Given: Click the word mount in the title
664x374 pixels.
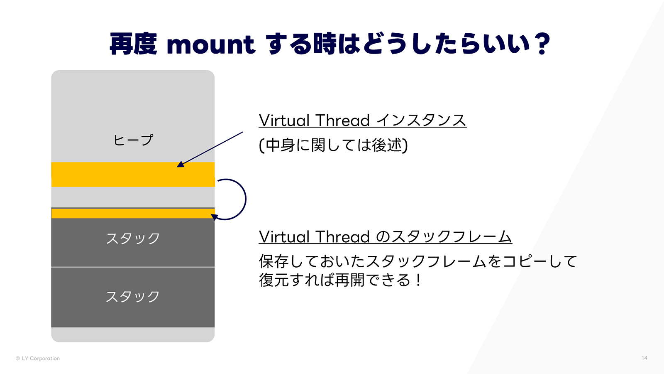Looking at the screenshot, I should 210,45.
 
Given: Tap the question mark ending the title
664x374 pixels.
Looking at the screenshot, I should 542,44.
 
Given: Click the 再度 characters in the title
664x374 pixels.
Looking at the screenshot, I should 133,44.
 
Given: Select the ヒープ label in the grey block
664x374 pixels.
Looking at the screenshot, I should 133,140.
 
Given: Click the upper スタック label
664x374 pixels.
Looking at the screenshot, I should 133,239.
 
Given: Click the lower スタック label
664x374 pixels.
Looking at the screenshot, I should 133,297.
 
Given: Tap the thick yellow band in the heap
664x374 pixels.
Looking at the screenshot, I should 133,175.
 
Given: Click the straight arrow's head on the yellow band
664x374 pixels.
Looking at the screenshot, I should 180,164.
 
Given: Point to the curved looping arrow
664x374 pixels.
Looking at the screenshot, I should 245,199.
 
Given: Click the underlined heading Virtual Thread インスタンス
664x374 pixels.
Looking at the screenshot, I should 362,121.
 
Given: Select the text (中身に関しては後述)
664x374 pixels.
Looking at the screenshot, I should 333,145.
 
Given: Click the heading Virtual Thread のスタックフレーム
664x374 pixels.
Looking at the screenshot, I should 385,237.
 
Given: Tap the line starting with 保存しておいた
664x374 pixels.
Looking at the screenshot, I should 417,261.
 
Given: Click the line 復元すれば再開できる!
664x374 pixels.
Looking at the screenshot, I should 339,280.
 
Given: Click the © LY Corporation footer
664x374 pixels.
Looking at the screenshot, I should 38,358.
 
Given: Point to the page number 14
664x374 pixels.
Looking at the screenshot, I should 644,358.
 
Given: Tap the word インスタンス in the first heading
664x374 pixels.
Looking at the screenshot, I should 421,121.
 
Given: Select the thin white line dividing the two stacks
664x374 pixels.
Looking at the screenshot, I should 133,267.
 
